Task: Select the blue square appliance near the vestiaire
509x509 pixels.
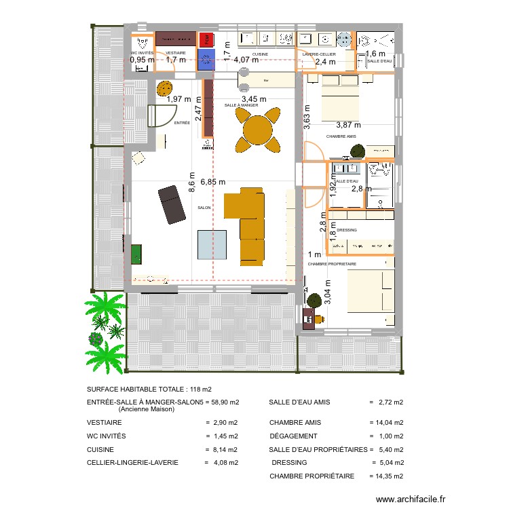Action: pos(206,59)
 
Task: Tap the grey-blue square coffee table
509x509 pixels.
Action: pos(212,244)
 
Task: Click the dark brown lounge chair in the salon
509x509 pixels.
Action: pos(172,204)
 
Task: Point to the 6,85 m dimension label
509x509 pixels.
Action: pos(212,182)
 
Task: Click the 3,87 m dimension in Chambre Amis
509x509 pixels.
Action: pos(348,124)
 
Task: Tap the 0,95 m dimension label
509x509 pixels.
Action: pos(142,60)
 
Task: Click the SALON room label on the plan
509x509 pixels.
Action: pos(204,208)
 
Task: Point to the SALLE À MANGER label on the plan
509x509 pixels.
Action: pos(241,105)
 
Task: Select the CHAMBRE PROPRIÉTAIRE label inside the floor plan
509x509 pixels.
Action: pos(332,263)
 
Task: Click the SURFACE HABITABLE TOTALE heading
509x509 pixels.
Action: pos(149,389)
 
